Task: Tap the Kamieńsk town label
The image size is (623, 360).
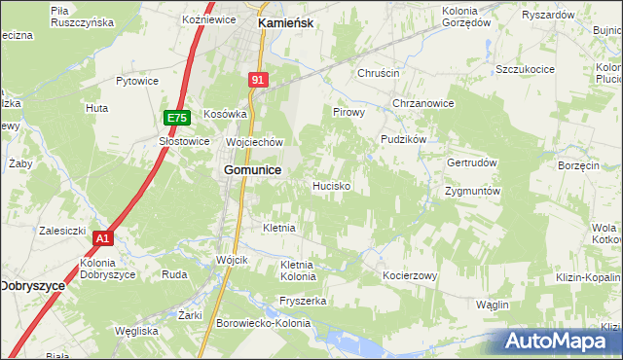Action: [x=284, y=20]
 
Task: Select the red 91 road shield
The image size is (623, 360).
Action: [x=257, y=81]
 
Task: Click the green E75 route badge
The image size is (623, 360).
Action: [x=176, y=118]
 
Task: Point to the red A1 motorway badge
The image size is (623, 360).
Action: [x=104, y=237]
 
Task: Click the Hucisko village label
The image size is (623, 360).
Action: [x=332, y=185]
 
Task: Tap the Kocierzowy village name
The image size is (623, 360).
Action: [x=411, y=276]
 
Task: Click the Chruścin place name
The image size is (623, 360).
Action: [x=379, y=73]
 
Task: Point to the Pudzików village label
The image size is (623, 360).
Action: [x=404, y=139]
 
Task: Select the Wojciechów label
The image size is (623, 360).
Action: [x=254, y=142]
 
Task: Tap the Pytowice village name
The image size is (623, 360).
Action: [x=137, y=82]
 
